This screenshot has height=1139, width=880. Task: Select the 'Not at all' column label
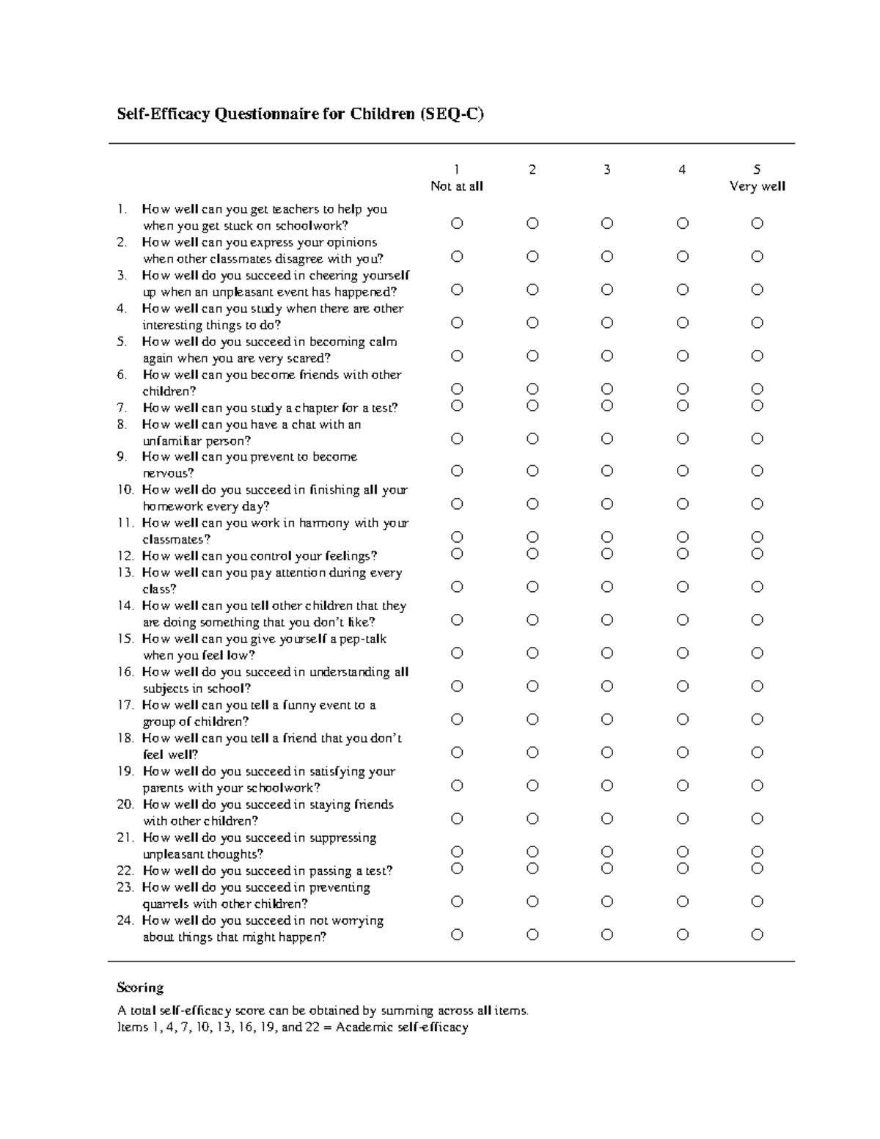point(457,186)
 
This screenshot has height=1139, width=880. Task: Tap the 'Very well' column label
point(757,186)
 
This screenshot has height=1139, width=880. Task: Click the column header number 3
point(606,170)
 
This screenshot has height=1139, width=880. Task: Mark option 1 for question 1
point(457,223)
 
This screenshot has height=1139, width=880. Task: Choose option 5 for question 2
point(757,256)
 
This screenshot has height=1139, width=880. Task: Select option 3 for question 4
point(607,323)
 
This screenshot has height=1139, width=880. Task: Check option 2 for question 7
point(532,406)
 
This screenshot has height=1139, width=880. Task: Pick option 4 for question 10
point(682,504)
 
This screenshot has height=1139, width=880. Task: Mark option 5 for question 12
point(757,554)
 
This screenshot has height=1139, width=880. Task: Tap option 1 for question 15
point(457,653)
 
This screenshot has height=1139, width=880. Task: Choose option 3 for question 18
point(607,752)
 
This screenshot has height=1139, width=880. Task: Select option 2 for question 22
point(532,868)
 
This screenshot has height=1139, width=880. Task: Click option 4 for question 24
point(682,934)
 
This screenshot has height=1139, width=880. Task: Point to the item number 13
point(125,573)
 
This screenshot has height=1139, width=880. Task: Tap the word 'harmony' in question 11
point(324,524)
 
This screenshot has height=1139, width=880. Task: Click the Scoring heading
point(140,987)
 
